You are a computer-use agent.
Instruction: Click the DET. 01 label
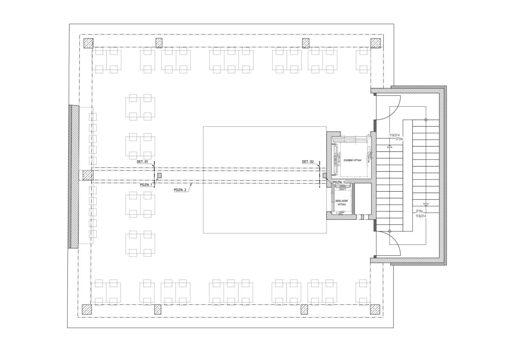(x=142, y=162)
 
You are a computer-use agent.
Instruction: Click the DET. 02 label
(x=308, y=162)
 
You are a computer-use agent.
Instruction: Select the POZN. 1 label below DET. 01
(x=146, y=184)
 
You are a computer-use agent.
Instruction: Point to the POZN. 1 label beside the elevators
(x=339, y=182)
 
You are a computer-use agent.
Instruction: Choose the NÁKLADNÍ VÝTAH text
(x=341, y=203)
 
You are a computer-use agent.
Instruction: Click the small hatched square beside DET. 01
(x=159, y=175)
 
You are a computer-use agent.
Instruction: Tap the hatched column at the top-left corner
(x=88, y=43)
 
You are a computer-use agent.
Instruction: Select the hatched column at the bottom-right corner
(x=375, y=310)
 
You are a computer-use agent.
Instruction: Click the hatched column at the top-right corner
(x=376, y=43)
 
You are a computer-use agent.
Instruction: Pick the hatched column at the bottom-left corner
(x=87, y=310)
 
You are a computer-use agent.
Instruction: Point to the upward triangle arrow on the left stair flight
(x=389, y=147)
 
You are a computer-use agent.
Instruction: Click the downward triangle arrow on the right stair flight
(x=426, y=204)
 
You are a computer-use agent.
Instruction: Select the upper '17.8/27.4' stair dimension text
(x=394, y=135)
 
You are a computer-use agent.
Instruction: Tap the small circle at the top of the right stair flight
(x=426, y=120)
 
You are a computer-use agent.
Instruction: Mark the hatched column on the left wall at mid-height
(x=88, y=176)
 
